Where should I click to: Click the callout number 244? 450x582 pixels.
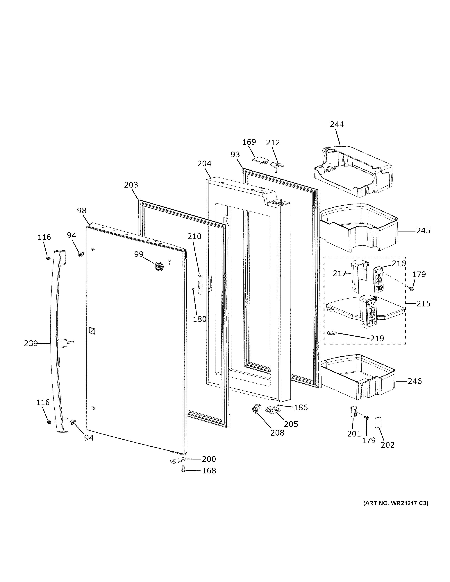[337, 124]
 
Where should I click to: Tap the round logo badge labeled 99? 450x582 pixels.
[159, 266]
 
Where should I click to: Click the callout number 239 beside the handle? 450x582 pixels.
[31, 344]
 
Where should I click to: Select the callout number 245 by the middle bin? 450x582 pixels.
[423, 231]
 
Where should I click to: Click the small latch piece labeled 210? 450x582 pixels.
[200, 283]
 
